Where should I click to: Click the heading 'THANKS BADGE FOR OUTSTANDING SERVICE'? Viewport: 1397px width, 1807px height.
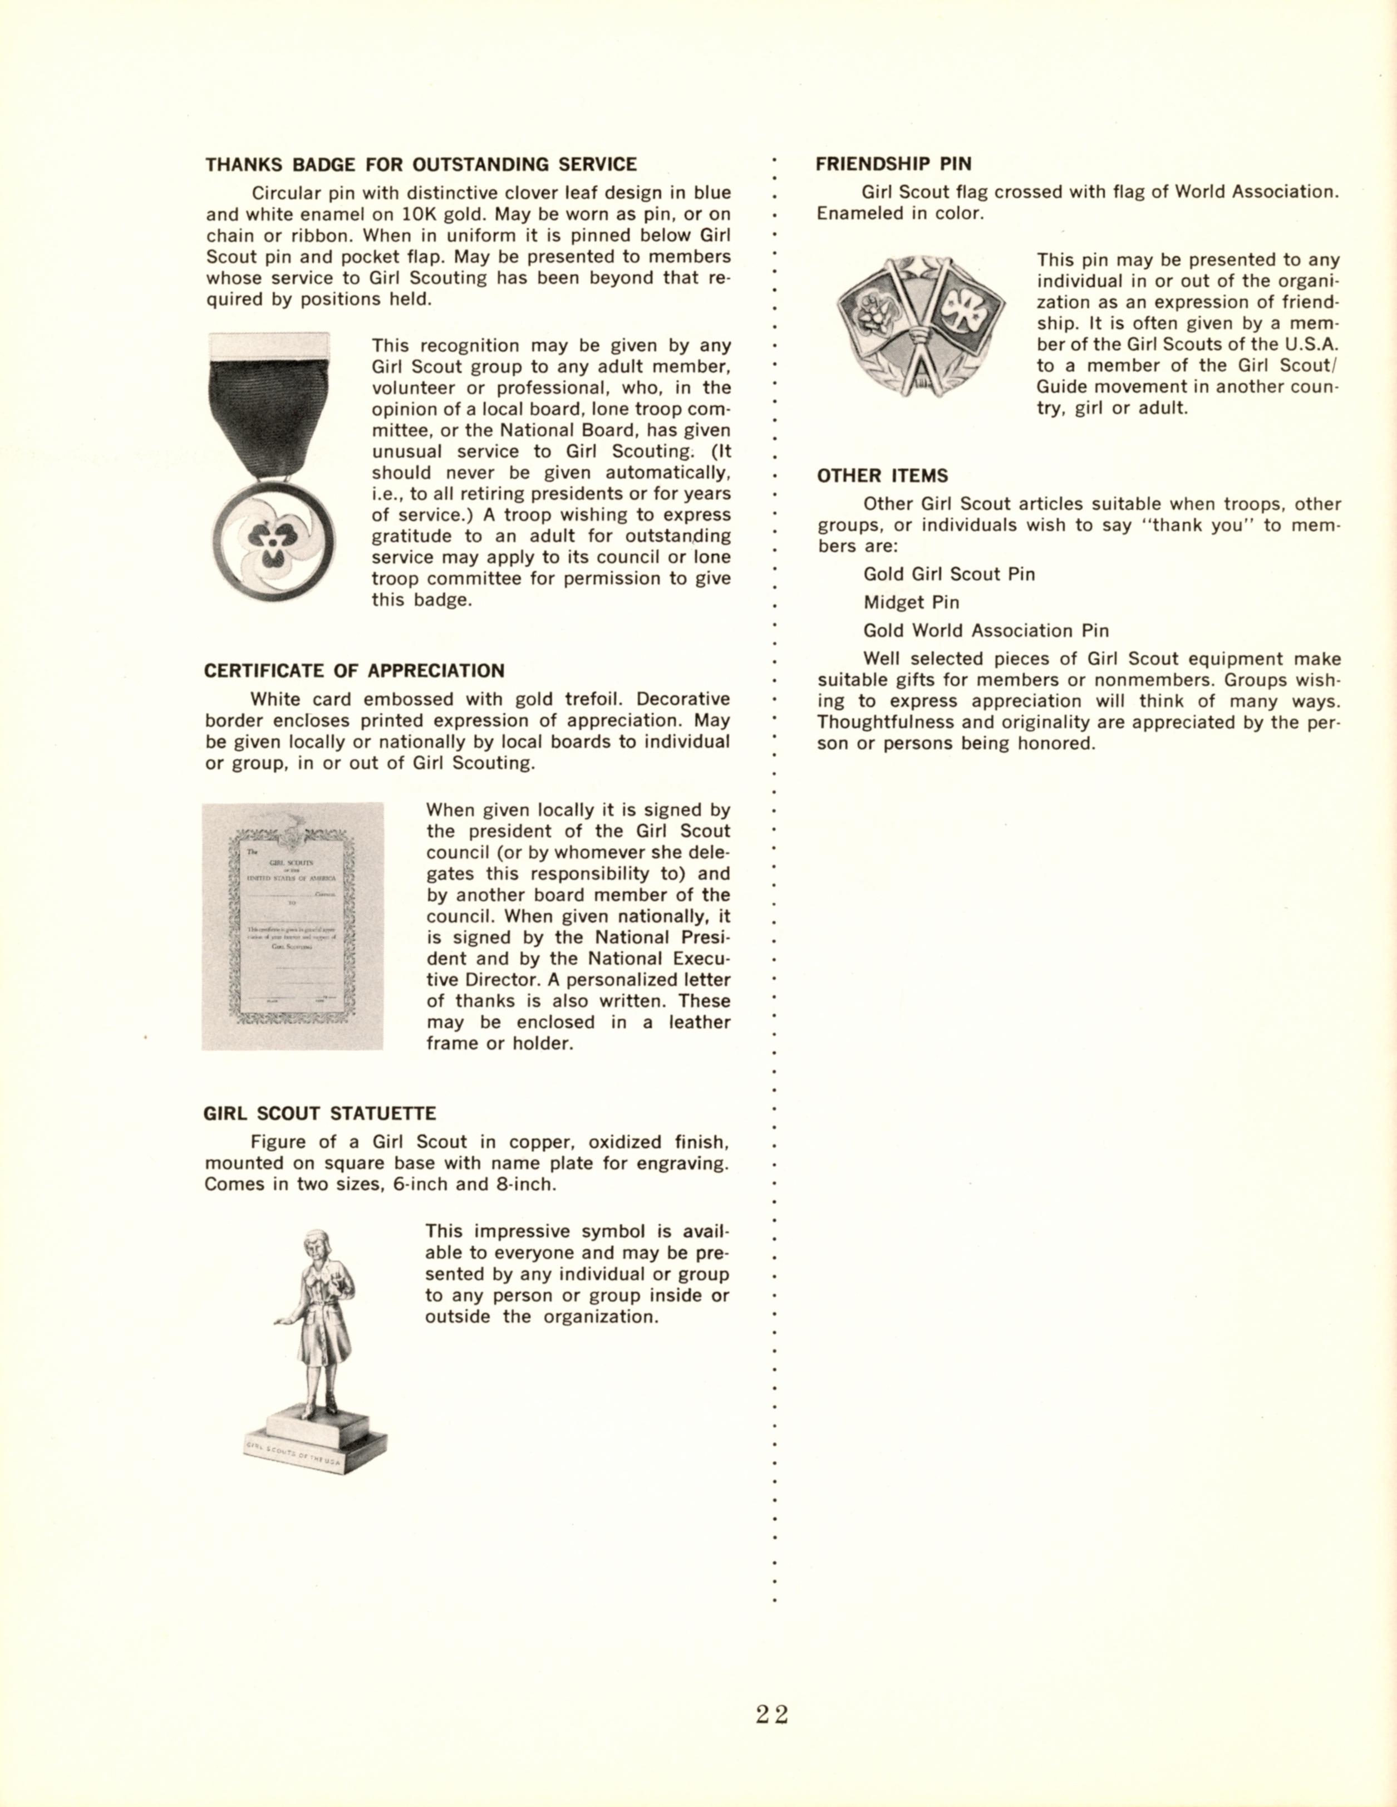coord(421,165)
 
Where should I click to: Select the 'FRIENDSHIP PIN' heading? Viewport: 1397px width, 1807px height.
coord(893,164)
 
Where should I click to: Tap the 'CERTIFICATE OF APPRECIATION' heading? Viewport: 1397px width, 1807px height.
coord(354,671)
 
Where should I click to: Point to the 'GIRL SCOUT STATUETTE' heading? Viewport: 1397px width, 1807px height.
coord(319,1114)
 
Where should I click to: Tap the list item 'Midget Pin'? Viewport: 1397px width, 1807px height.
coord(911,602)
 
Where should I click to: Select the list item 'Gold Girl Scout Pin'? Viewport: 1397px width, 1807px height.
coord(949,574)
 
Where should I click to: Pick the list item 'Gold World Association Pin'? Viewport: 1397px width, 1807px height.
coord(986,631)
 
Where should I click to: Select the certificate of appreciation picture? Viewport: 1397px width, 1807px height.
coord(293,926)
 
